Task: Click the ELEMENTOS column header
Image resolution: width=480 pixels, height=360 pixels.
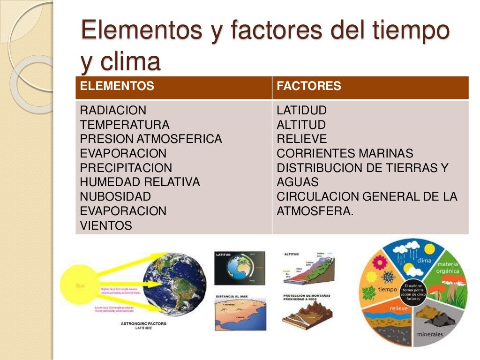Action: click(117, 86)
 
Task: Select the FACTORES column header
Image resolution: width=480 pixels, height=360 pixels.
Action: click(309, 86)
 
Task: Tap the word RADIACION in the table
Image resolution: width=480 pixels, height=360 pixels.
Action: click(113, 111)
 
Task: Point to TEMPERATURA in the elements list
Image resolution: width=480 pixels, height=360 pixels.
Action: click(125, 125)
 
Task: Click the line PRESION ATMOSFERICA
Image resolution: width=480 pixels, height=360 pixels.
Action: click(151, 139)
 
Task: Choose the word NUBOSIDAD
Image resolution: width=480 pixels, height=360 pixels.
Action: click(115, 196)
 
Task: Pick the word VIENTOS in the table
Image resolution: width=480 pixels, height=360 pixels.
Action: click(106, 225)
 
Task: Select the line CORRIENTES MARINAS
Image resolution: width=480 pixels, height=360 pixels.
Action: click(345, 153)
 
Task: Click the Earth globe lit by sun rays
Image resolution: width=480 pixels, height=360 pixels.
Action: click(174, 284)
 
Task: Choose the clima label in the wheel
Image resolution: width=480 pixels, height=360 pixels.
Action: click(423, 261)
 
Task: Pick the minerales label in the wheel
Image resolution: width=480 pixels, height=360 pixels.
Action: click(429, 334)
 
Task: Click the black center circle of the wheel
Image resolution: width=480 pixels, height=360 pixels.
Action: click(412, 291)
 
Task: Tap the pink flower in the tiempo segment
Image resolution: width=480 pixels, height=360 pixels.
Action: click(379, 262)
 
